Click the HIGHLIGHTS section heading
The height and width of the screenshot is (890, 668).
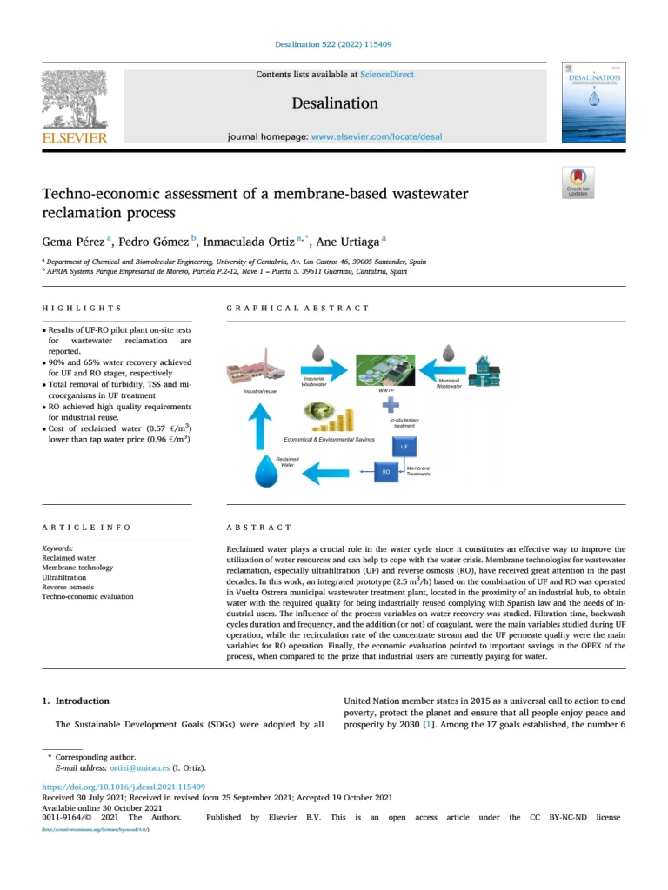coord(82,308)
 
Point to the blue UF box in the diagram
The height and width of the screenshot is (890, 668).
coord(403,448)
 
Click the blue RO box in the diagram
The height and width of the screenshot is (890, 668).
coord(386,472)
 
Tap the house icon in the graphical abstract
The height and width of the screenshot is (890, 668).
coord(484,369)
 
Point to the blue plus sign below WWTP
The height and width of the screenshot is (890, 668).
coord(391,405)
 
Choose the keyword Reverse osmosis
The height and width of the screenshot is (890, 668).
coord(69,587)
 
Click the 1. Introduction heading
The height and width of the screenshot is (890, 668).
coord(77,701)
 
